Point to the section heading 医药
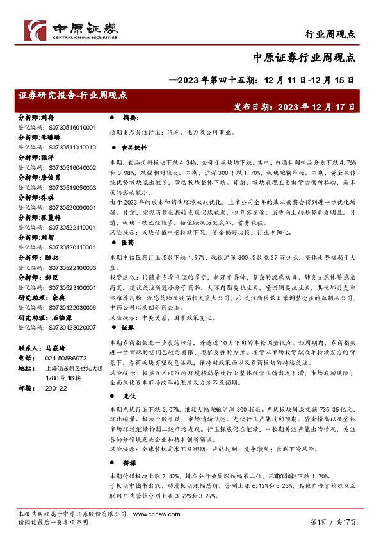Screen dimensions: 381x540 (128, 242)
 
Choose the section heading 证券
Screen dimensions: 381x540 (128, 327)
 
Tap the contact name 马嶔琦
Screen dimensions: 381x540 (56, 347)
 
